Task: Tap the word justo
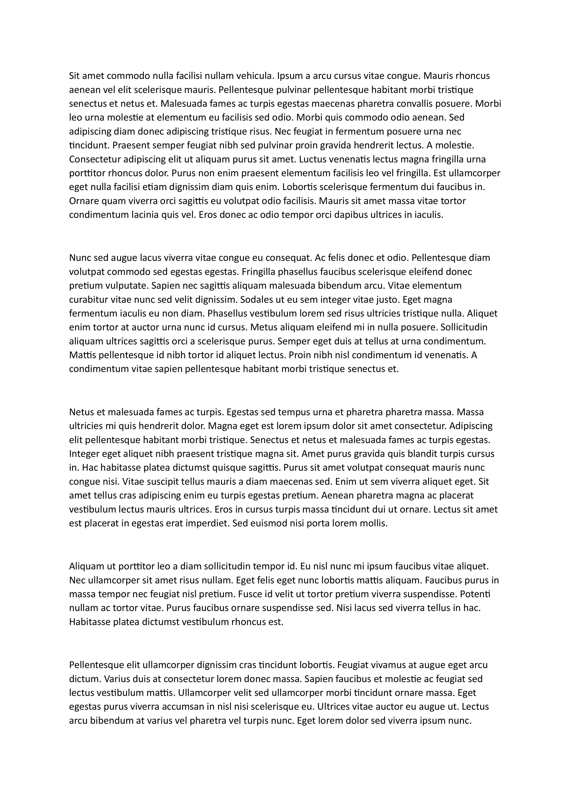click(x=388, y=300)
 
